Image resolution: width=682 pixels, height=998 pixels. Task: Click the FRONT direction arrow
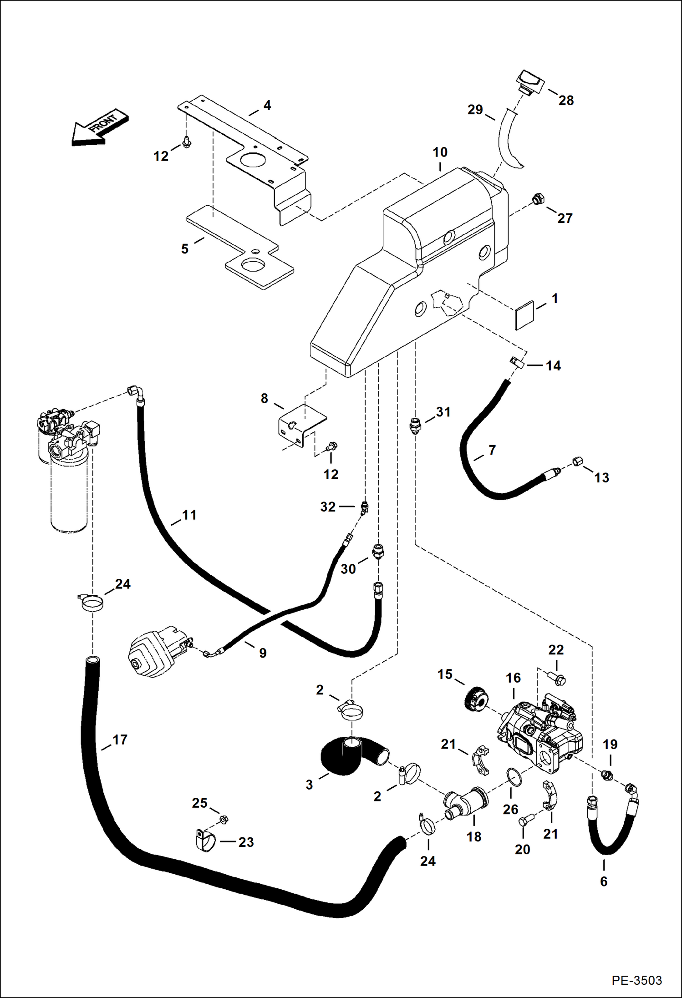point(99,128)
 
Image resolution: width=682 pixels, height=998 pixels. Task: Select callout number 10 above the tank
point(440,152)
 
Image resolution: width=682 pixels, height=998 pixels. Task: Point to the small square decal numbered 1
point(525,315)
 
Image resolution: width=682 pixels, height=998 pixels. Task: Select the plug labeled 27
point(538,199)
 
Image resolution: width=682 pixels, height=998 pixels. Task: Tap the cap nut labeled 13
point(576,461)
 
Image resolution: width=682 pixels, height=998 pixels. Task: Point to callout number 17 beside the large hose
point(120,740)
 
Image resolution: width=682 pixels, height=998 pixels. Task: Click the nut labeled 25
point(223,820)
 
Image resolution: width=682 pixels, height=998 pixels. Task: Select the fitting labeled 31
point(414,426)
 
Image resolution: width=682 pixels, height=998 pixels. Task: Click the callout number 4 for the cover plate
point(267,106)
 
